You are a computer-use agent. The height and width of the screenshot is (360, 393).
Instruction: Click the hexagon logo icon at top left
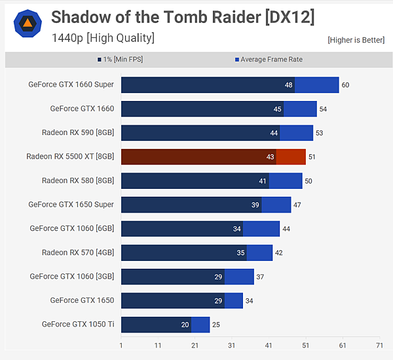[x=27, y=24]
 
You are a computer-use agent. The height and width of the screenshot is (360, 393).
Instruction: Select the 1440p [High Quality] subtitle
[x=103, y=38]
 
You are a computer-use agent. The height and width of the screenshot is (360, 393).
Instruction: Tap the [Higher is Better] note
[x=356, y=40]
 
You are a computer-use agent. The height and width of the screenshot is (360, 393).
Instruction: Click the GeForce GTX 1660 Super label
[x=71, y=85]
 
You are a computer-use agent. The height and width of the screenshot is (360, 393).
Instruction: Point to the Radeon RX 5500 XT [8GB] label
[x=70, y=157]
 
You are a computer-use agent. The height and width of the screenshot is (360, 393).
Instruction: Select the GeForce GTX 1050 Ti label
[x=77, y=324]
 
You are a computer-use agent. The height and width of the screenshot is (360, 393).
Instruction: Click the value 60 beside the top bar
[x=345, y=85]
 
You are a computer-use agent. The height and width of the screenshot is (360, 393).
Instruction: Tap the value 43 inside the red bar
[x=270, y=157]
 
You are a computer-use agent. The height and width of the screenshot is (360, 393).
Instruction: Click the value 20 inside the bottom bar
[x=185, y=325]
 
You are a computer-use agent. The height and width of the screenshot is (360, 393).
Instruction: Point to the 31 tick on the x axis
[x=231, y=345]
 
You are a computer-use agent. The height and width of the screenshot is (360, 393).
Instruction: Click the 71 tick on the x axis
[x=379, y=345]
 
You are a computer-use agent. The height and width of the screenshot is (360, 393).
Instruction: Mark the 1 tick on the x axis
[x=121, y=345]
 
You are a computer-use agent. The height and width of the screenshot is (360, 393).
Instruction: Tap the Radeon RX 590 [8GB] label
[x=78, y=132]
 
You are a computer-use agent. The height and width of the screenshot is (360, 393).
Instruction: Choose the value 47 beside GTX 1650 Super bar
[x=297, y=205]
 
